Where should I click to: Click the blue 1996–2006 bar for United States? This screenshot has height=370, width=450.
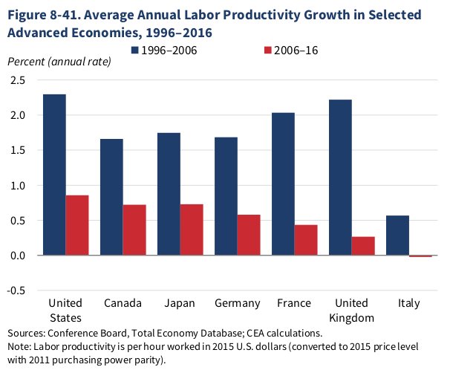pyautogui.click(x=54, y=175)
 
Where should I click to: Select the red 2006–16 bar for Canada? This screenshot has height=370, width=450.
pyautogui.click(x=134, y=230)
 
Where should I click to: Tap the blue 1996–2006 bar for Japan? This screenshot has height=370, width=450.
pyautogui.click(x=169, y=194)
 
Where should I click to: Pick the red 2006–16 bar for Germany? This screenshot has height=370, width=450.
pyautogui.click(x=249, y=235)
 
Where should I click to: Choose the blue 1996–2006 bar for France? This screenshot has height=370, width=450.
pyautogui.click(x=283, y=184)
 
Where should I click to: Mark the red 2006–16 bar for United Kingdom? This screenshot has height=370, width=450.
pyautogui.click(x=363, y=246)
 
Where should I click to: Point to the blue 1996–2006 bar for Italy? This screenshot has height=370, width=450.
pyautogui.click(x=397, y=236)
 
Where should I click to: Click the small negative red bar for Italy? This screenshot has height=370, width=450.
pyautogui.click(x=420, y=256)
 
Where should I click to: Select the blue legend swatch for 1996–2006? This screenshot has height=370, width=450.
pyautogui.click(x=137, y=50)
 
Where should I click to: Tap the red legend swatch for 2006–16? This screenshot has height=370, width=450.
pyautogui.click(x=269, y=50)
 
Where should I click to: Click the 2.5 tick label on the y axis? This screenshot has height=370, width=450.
pyautogui.click(x=17, y=79)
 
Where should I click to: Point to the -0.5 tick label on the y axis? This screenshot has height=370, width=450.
pyautogui.click(x=16, y=291)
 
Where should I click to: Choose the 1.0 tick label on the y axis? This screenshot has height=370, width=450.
pyautogui.click(x=17, y=185)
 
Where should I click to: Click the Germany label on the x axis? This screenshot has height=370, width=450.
pyautogui.click(x=237, y=303)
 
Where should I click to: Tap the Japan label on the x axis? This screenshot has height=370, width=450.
pyautogui.click(x=180, y=303)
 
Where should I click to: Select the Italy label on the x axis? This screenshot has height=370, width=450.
pyautogui.click(x=408, y=303)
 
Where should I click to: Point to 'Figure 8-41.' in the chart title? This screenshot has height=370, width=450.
pyautogui.click(x=44, y=16)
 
